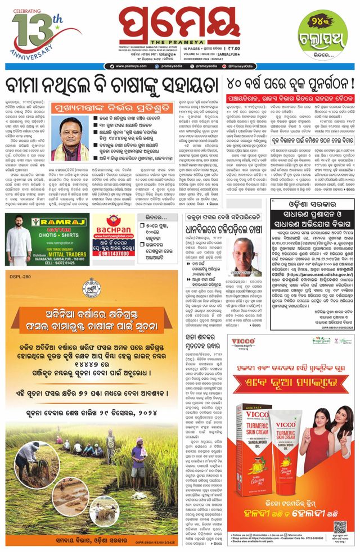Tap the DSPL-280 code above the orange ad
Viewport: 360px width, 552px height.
pos(22,275)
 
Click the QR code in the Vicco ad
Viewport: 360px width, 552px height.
pos(339,528)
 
